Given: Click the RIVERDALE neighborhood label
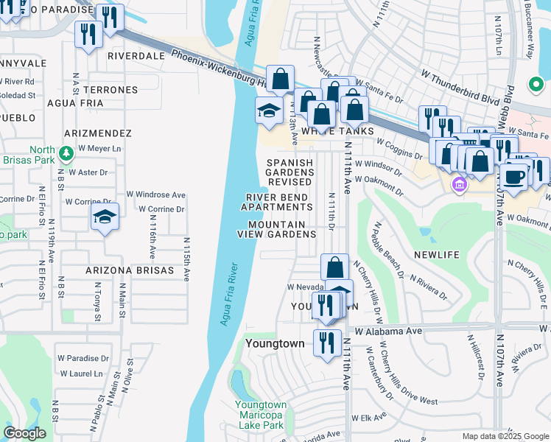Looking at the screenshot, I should click(136, 55).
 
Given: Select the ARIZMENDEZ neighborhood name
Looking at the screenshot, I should click(97, 133).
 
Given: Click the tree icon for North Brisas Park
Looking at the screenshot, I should click(67, 153).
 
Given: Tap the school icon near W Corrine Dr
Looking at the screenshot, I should click(104, 217).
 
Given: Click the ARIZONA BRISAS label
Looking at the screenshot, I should click(130, 270).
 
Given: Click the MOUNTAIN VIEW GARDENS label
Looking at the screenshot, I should click(277, 229).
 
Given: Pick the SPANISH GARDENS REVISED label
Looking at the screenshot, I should click(289, 172).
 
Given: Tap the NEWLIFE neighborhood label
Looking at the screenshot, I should click(437, 255).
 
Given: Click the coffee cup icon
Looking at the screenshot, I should click(513, 177).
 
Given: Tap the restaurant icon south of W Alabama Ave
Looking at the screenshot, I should click(324, 342).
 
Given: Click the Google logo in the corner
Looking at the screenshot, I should click(24, 433).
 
